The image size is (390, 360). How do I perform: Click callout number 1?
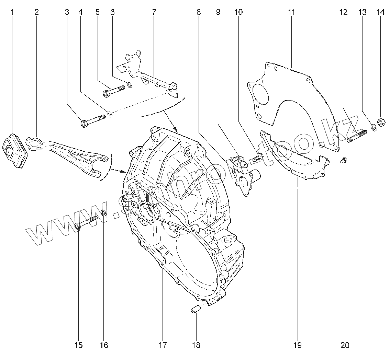click(x=12, y=13)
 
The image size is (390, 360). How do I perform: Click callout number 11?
click(x=291, y=13)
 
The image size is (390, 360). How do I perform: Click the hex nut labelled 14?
click(x=381, y=121)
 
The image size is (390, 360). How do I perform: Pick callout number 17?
click(x=162, y=345)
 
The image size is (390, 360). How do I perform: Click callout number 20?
click(x=345, y=345)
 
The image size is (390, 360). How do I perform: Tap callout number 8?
click(x=199, y=13)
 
